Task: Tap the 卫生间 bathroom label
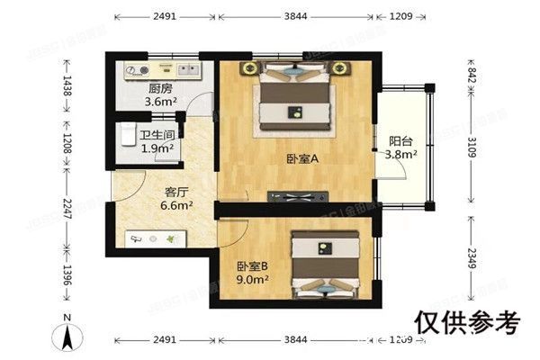point(158,135)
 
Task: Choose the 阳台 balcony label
point(400,141)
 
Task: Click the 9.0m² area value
point(254,280)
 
